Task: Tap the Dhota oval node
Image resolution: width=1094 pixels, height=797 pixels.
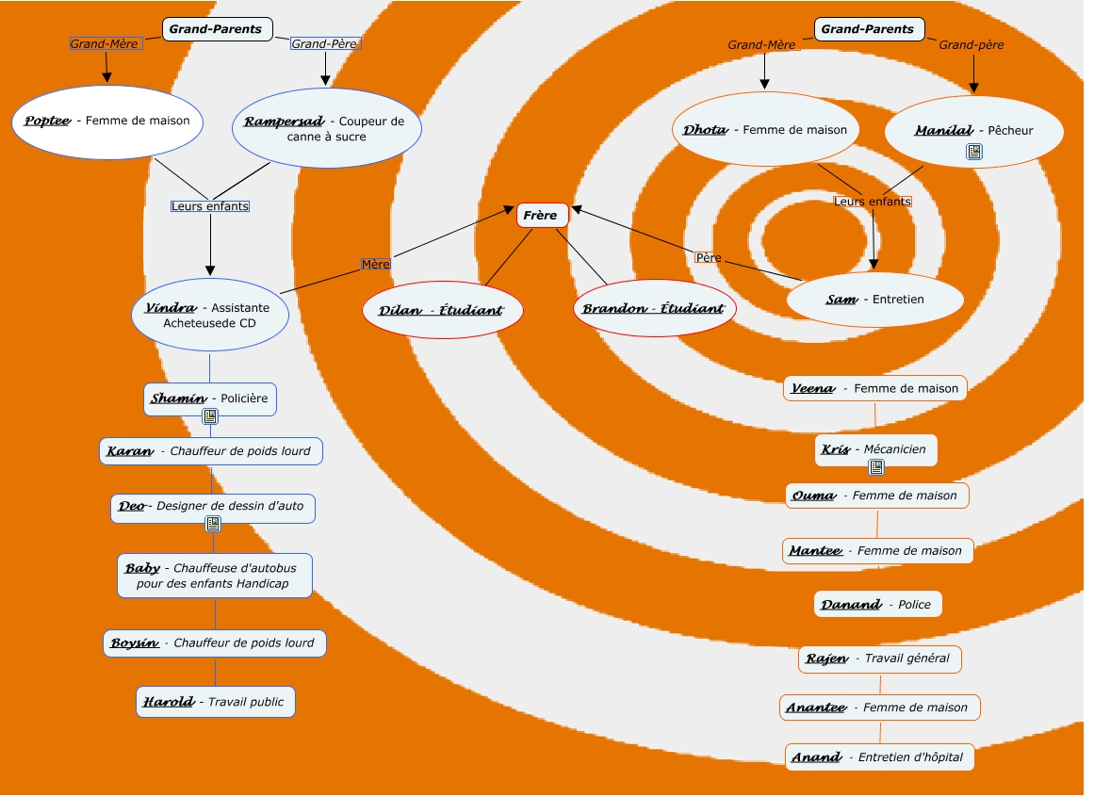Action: (x=765, y=130)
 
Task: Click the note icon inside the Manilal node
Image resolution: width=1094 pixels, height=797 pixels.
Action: (x=974, y=152)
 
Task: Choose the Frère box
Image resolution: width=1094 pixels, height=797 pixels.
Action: (x=542, y=216)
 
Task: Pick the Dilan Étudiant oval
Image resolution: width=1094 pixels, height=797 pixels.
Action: (x=443, y=310)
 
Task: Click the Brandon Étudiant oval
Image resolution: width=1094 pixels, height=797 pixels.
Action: (x=654, y=309)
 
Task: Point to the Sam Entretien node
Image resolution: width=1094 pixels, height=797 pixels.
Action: (x=874, y=300)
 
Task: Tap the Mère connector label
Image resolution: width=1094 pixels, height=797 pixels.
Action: (x=375, y=264)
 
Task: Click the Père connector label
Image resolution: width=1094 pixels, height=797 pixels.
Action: (x=708, y=257)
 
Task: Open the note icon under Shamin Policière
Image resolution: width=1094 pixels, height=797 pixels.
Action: (x=210, y=416)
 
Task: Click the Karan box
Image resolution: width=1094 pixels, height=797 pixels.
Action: (x=210, y=451)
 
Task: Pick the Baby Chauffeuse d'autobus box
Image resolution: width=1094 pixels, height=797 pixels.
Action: (x=214, y=575)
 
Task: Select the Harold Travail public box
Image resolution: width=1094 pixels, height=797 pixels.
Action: (x=215, y=702)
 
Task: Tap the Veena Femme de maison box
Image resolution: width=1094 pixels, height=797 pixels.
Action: (x=874, y=388)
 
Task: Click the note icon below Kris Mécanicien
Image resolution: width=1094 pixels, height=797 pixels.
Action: (x=876, y=467)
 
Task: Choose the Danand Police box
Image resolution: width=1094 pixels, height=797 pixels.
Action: (x=877, y=605)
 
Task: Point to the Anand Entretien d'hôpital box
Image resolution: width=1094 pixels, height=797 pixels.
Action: (x=877, y=757)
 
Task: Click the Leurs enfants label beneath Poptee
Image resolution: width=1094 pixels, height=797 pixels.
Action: (x=210, y=205)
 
